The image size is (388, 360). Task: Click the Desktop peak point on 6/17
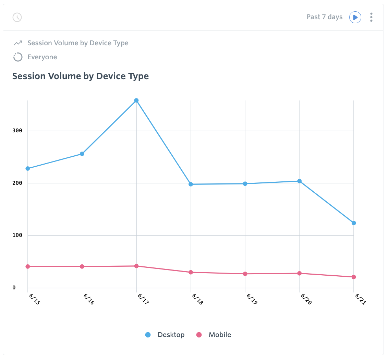tap(136, 100)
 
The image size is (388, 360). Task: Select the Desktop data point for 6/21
tap(354, 223)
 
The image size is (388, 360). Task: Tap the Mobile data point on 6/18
tap(191, 272)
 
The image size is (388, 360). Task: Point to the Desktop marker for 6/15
tap(28, 168)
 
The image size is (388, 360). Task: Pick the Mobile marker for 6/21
tap(354, 277)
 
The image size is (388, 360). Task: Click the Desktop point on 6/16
tap(82, 154)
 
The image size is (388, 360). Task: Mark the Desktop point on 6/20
tap(299, 181)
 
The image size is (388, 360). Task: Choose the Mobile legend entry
tap(214, 335)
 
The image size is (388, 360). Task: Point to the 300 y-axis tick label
tap(17, 131)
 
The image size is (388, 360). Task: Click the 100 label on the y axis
tap(17, 235)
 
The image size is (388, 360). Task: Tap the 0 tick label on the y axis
tap(14, 288)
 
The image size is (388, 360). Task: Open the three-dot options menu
tap(371, 17)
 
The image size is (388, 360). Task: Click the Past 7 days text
tap(325, 17)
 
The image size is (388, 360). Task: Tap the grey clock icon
tap(17, 17)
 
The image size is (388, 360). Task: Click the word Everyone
tap(42, 57)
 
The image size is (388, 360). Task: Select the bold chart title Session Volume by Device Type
tap(81, 76)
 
